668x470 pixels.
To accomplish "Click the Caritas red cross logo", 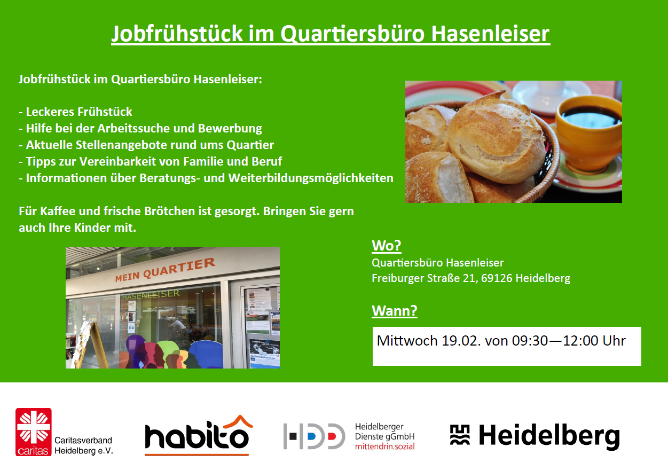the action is [34, 432].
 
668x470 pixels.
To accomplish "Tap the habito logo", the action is [199, 435].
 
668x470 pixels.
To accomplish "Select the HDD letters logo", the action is [314, 436].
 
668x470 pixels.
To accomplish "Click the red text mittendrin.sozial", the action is [384, 446].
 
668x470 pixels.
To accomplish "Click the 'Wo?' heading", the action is [387, 246].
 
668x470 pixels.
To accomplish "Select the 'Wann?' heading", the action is [395, 310].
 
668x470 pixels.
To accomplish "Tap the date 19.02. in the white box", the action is [461, 341].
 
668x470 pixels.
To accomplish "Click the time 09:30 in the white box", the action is [530, 341].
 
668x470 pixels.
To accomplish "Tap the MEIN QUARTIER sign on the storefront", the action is [165, 270].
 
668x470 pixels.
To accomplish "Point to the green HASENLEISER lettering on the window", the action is [151, 295].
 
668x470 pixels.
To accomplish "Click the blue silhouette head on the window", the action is [206, 354].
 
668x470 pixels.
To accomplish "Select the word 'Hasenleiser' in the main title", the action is [490, 34].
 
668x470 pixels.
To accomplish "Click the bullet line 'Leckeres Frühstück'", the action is [75, 112].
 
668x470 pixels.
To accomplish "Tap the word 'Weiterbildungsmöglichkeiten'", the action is [311, 178].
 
